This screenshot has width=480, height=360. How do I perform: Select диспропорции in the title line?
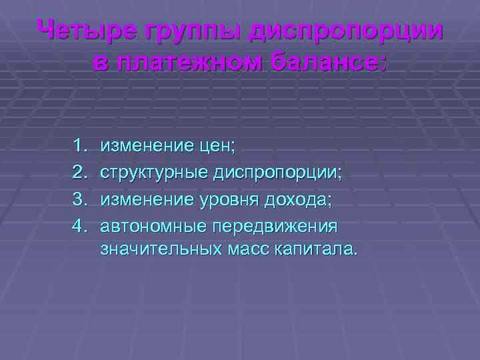tap(345, 31)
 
